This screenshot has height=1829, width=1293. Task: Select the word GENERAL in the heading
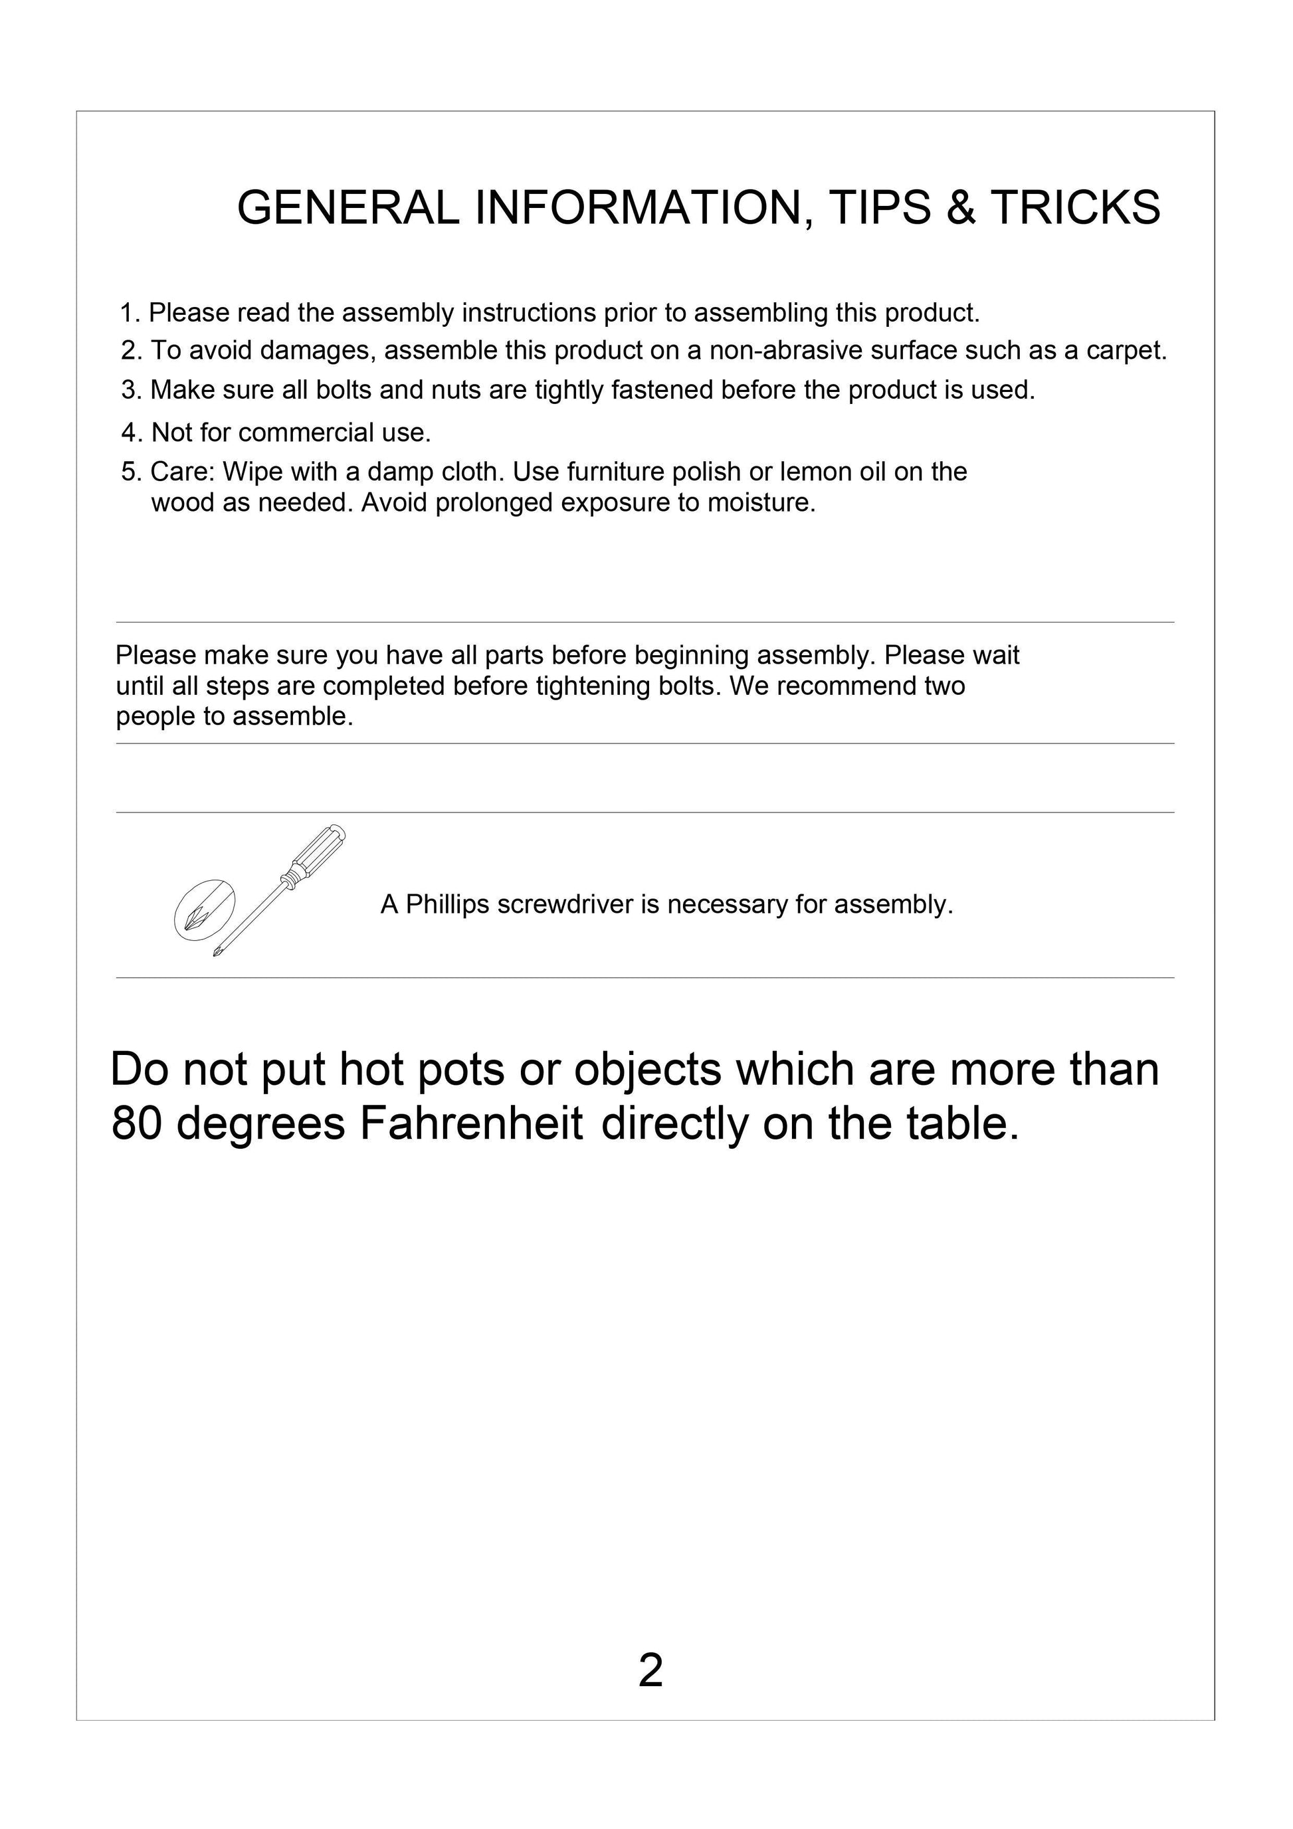click(348, 208)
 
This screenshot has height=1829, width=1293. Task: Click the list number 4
click(130, 433)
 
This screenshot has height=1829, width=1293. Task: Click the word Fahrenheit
click(471, 1124)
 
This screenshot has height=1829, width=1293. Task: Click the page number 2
click(650, 1670)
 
